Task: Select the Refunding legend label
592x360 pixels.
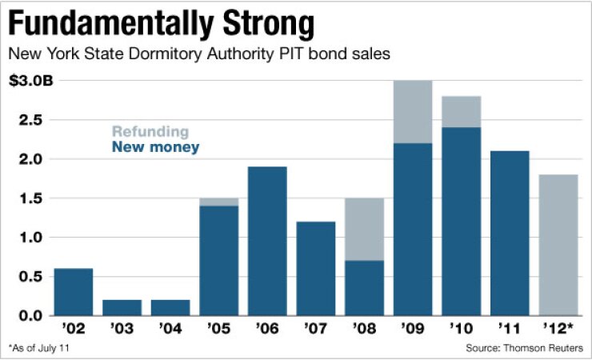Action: pos(150,132)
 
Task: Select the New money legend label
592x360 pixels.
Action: pos(156,147)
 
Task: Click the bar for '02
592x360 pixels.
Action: pos(73,292)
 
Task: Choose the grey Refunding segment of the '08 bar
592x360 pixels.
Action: pos(364,230)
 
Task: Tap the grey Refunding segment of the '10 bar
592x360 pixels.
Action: pos(461,111)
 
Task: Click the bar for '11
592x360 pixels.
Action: pos(510,234)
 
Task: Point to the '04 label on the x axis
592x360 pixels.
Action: pos(170,329)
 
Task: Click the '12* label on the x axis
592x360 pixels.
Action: pos(558,329)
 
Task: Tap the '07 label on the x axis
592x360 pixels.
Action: pos(315,329)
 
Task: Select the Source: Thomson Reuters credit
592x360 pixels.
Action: pos(524,348)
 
